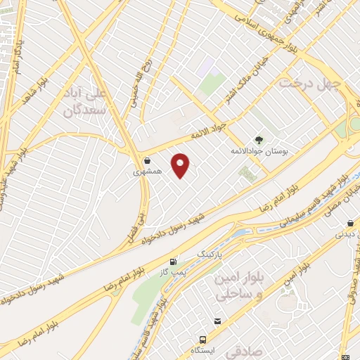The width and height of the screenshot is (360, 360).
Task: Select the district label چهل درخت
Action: pos(310,83)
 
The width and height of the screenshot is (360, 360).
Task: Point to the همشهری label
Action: pos(148,171)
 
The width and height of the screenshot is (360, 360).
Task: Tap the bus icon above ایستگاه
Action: pos(204,338)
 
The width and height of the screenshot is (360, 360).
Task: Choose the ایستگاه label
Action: pos(204,349)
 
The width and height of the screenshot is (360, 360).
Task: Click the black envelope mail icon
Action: pos(218,321)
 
